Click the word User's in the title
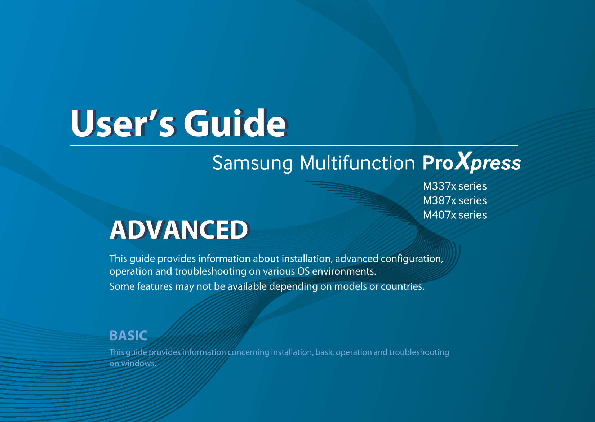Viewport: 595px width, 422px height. [x=123, y=124]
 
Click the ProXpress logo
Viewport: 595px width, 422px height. [x=472, y=162]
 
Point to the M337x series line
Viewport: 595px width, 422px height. [x=455, y=186]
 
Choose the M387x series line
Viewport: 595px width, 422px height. [x=455, y=200]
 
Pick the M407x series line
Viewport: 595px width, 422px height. [x=455, y=215]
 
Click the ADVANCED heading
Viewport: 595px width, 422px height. [x=179, y=230]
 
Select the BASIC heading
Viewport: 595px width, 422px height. [x=128, y=336]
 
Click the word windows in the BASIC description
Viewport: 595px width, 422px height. [x=138, y=363]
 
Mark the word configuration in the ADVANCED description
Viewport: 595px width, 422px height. [x=412, y=259]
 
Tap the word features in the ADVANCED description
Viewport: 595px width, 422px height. [x=155, y=286]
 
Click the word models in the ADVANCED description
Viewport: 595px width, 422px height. [x=350, y=286]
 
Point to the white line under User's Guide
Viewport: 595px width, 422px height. [x=293, y=146]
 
